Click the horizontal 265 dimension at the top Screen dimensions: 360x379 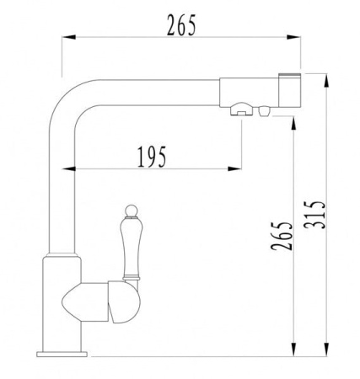point(181,25)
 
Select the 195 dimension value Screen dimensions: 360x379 point(152,157)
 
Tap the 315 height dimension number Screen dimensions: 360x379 point(314,215)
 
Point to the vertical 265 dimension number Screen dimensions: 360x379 point(282,236)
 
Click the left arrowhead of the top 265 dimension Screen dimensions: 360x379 point(68,37)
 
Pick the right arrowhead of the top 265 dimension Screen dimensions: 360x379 point(293,37)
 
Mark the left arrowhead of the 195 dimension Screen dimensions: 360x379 point(68,168)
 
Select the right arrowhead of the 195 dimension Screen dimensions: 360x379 point(234,168)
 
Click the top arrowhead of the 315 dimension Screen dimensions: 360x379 point(326,81)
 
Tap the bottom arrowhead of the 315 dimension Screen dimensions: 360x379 point(326,350)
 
